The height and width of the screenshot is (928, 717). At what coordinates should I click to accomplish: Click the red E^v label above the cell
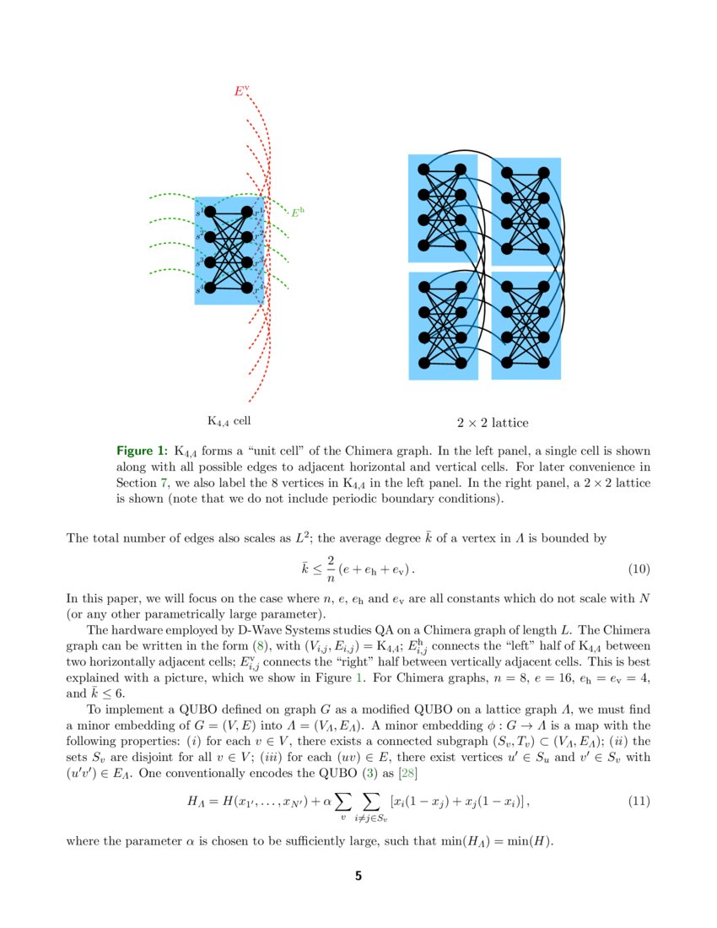pos(241,90)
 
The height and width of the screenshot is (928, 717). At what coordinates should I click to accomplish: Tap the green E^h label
pos(296,213)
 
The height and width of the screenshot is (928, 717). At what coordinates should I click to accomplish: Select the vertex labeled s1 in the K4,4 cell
pos(210,212)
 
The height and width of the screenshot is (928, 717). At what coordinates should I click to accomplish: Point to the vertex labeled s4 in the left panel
pos(210,288)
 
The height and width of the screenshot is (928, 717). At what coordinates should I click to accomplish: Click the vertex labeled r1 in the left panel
pos(246,212)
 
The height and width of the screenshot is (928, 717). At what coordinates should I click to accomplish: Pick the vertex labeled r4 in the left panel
pos(246,288)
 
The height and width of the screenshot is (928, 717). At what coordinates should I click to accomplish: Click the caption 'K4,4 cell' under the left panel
pos(229,420)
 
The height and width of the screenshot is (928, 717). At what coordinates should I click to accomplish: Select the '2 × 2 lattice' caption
pos(493,422)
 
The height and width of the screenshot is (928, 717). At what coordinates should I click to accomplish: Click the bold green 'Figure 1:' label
pos(142,451)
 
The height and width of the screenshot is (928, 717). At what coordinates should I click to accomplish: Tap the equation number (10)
pos(639,569)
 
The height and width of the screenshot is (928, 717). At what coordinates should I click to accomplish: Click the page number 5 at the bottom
pos(358,877)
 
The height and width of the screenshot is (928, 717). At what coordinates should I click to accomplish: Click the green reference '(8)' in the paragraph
pos(267,645)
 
